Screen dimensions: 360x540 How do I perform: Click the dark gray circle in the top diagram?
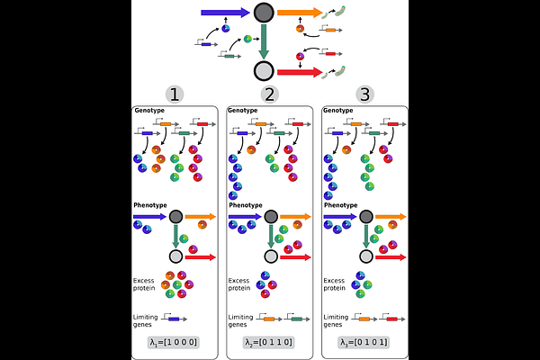click(x=264, y=13)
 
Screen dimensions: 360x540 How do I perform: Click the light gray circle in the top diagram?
click(x=264, y=71)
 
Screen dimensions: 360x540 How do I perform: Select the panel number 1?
click(x=176, y=94)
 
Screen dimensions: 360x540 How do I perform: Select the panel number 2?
click(x=269, y=94)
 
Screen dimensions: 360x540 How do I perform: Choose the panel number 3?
click(x=364, y=94)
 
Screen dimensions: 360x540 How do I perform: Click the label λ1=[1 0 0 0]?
click(x=176, y=343)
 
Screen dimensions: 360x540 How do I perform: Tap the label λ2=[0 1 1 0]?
click(x=270, y=343)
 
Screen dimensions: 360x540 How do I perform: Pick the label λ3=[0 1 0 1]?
click(x=364, y=343)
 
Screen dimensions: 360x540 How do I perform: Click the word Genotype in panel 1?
click(x=149, y=111)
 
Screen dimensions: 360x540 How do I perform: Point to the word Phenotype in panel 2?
click(x=246, y=205)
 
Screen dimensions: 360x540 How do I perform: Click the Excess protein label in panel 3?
click(x=336, y=283)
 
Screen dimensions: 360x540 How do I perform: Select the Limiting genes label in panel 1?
click(x=147, y=320)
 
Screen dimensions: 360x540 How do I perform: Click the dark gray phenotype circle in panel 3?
click(x=364, y=217)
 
